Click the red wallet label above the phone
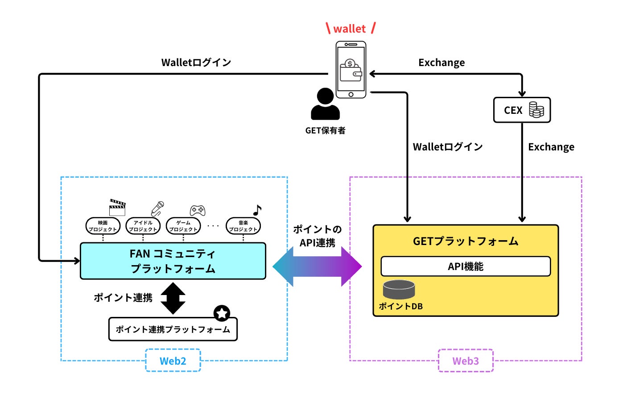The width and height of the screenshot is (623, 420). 350,29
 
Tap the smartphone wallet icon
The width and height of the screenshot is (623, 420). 351,70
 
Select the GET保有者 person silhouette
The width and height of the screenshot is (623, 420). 325,104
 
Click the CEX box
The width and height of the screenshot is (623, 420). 522,110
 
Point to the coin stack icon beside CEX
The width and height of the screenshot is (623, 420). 536,110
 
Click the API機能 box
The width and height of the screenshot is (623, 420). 466,266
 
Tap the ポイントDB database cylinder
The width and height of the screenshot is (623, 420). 399,290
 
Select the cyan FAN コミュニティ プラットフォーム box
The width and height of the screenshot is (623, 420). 173,261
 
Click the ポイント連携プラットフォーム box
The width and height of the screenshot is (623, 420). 173,329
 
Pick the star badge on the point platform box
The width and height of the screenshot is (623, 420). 222,313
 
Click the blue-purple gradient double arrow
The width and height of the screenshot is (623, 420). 317,266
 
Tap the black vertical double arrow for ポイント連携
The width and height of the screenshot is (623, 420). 173,298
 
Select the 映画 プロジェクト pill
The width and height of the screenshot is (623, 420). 103,226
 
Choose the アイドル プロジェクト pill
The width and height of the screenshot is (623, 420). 143,226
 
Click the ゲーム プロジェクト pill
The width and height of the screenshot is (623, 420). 183,226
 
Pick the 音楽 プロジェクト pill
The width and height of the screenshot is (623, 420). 243,226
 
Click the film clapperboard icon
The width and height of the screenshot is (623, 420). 117,208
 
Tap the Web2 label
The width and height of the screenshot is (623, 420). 173,361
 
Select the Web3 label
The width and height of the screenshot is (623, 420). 466,361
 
